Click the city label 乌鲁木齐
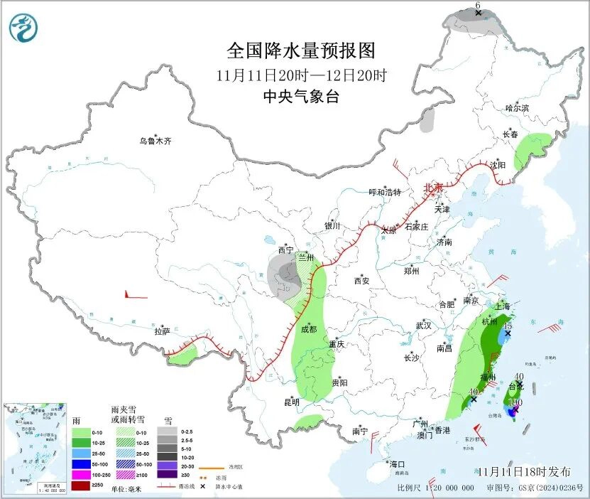(155, 141)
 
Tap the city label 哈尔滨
(517, 108)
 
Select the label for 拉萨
(162, 331)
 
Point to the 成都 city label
(308, 329)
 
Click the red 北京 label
(432, 188)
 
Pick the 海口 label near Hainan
(396, 464)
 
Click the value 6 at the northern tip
(478, 6)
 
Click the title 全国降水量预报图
(300, 51)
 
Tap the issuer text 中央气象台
(301, 97)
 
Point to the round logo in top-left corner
(24, 28)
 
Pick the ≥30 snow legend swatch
(168, 474)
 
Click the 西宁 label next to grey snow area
(285, 249)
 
